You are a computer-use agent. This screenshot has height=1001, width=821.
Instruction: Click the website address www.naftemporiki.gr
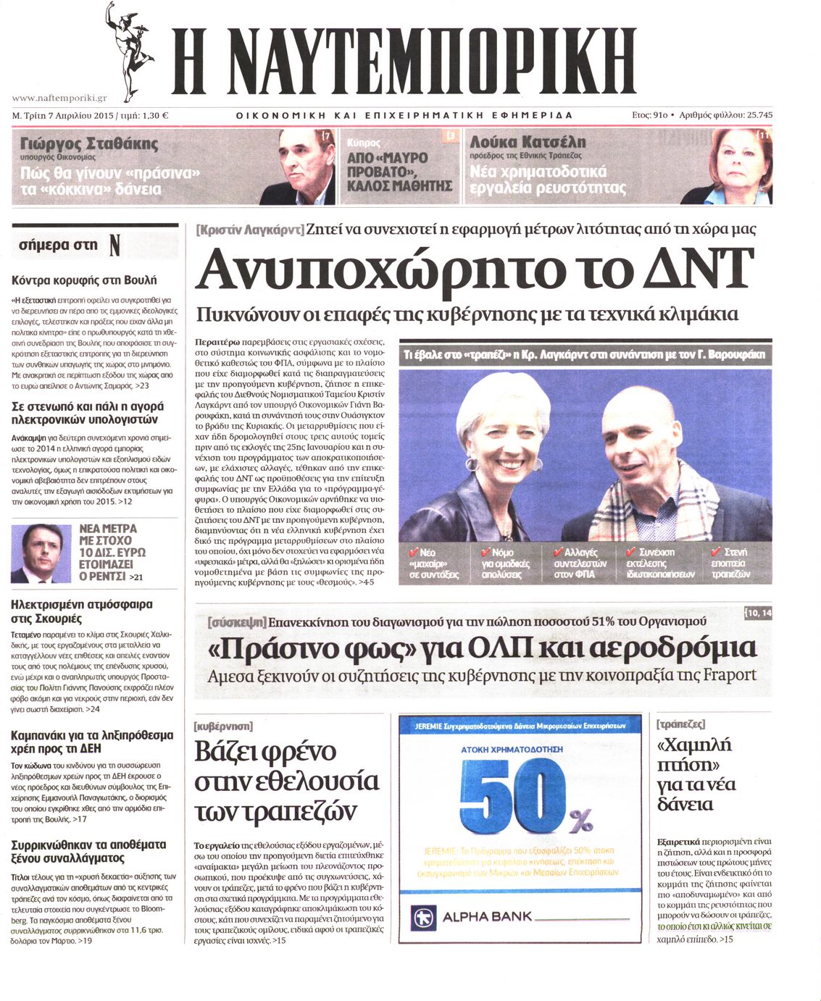[x=59, y=98]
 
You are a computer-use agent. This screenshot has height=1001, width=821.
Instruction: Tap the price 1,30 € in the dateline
[x=153, y=115]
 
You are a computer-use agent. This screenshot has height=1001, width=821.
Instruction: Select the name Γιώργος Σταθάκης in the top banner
[x=89, y=143]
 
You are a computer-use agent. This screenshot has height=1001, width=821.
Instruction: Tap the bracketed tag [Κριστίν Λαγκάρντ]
[x=250, y=230]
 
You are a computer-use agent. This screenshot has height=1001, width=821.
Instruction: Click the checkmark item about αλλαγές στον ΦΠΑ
[x=580, y=563]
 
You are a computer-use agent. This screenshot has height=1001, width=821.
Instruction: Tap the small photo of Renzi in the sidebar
[x=41, y=554]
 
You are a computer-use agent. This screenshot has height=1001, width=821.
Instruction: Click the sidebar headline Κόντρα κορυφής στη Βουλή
[x=84, y=280]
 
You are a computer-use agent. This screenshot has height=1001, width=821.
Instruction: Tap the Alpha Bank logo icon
[x=425, y=917]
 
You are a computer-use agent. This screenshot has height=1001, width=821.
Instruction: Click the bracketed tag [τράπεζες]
[x=680, y=724]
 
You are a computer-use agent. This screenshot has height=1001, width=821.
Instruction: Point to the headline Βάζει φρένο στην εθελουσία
[x=286, y=781]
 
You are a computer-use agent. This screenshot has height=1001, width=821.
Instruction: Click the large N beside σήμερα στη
[x=114, y=246]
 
